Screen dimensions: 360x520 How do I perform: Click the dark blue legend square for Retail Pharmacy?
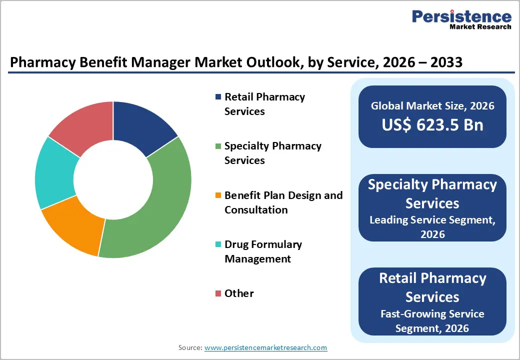pyautogui.click(x=217, y=97)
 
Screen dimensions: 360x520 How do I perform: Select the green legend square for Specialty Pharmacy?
pyautogui.click(x=217, y=146)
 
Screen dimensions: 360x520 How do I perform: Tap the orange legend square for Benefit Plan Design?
pyautogui.click(x=217, y=195)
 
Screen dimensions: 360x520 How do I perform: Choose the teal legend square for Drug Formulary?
pyautogui.click(x=217, y=244)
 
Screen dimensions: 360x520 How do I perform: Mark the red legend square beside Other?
pyautogui.click(x=217, y=293)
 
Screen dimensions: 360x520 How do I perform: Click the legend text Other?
pyautogui.click(x=239, y=293)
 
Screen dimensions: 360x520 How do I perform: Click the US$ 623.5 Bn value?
pyautogui.click(x=432, y=124)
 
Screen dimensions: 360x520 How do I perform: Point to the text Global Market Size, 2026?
pyautogui.click(x=432, y=105)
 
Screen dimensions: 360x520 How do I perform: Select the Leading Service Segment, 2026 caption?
pyautogui.click(x=432, y=226)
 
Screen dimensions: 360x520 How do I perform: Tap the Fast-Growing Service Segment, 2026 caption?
pyautogui.click(x=432, y=321)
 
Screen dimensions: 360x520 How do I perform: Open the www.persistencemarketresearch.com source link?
pyautogui.click(x=265, y=347)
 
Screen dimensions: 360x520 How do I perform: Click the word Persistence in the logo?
pyautogui.click(x=461, y=16)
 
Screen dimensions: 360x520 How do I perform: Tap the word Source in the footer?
pyautogui.click(x=189, y=347)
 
